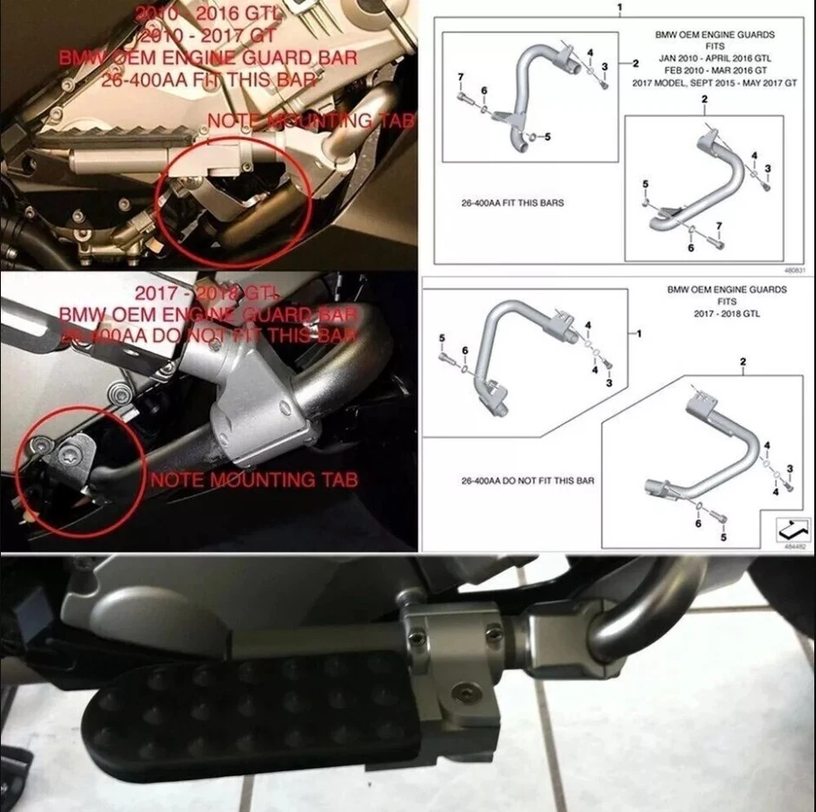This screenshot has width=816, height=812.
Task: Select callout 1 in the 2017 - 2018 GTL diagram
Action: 641,333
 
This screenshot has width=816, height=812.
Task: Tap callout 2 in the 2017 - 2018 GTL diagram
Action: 742,360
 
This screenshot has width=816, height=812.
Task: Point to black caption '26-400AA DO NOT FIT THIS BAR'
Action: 527,480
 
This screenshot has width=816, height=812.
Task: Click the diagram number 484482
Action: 793,547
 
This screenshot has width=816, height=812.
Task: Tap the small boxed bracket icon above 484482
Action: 793,527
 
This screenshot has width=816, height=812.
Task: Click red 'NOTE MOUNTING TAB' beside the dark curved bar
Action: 253,479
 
